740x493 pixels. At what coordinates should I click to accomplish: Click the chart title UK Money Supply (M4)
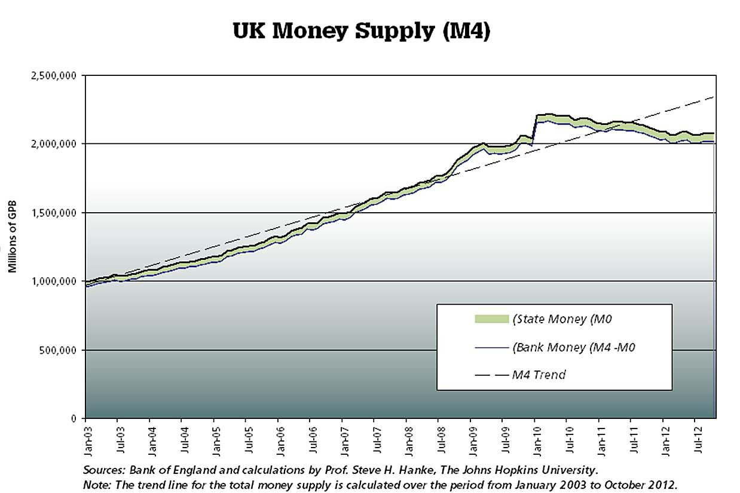(x=362, y=31)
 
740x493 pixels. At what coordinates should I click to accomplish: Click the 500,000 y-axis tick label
(x=60, y=350)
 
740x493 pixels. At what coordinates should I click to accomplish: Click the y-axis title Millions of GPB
(x=13, y=235)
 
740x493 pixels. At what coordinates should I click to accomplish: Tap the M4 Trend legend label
(x=539, y=375)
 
